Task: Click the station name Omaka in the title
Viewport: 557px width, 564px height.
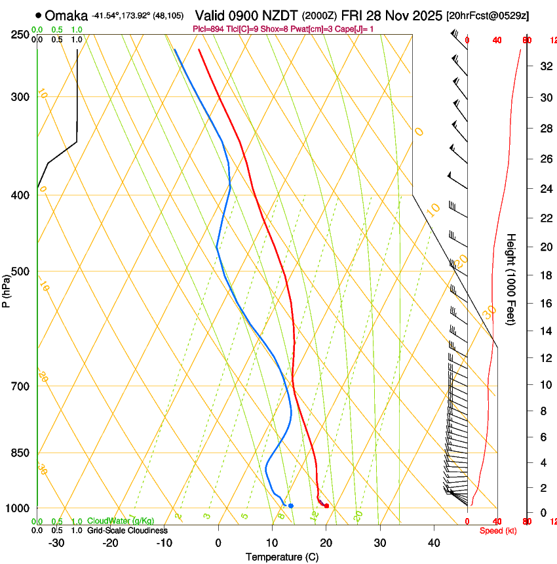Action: pos(67,15)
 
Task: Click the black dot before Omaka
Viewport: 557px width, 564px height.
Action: pos(39,15)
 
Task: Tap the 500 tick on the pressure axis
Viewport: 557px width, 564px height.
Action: pos(20,272)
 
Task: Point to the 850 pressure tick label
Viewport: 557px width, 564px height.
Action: pos(20,453)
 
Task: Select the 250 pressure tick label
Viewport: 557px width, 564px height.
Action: pos(20,35)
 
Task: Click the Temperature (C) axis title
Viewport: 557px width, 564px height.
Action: pos(282,557)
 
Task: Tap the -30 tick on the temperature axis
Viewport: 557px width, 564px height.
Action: pos(56,543)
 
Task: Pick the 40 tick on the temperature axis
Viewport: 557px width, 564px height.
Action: pos(434,543)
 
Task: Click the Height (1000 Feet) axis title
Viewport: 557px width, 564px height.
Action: pos(512,279)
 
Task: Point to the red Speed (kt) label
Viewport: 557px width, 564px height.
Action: pos(498,531)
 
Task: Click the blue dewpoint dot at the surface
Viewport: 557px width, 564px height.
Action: pos(291,506)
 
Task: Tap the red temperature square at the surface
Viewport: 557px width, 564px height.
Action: pos(326,506)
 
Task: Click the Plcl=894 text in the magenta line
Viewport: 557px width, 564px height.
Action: pos(209,29)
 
